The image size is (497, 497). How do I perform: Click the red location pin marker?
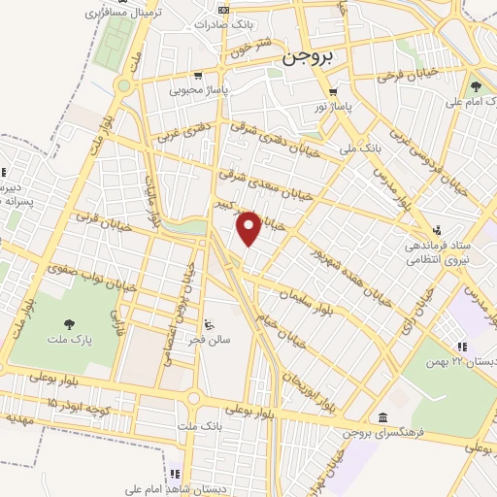tap(249, 229)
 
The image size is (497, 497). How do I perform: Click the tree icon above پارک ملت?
tap(69, 324)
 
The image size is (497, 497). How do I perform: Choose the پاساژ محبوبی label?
tap(197, 90)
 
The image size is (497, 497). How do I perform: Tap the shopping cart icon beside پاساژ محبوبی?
tap(198, 76)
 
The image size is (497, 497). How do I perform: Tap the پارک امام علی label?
tap(470, 100)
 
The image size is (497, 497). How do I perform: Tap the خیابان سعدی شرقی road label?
tap(282, 178)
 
